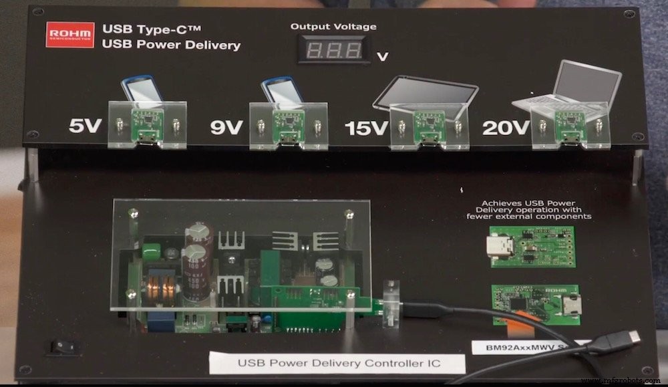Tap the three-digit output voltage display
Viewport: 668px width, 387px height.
coord(334,50)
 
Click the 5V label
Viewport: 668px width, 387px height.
coord(86,126)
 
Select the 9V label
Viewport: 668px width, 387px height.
coord(226,126)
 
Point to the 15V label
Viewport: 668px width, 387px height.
coord(366,127)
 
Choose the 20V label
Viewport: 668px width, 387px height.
coord(505,127)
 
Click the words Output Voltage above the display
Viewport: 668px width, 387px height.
coord(333,27)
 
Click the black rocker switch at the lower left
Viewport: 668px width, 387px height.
coord(61,347)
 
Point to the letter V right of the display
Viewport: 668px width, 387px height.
coord(383,57)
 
